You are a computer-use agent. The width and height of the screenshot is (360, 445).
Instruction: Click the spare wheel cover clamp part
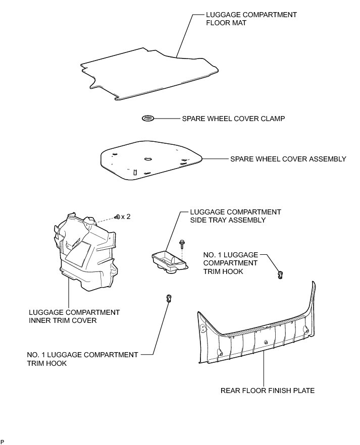pyautogui.click(x=147, y=119)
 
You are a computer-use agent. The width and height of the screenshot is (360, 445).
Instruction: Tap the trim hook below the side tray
pyautogui.click(x=169, y=298)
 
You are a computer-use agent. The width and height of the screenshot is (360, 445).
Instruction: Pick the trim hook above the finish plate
pyautogui.click(x=280, y=274)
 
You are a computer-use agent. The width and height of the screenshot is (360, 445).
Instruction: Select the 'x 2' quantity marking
pyautogui.click(x=126, y=216)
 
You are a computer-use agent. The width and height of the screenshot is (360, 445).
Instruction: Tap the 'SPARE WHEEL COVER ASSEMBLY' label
pyautogui.click(x=288, y=159)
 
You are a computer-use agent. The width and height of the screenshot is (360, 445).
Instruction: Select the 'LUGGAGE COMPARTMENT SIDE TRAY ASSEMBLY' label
pyautogui.click(x=235, y=216)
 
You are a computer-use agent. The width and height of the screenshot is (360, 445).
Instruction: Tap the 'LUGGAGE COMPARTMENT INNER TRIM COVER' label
pyautogui.click(x=74, y=316)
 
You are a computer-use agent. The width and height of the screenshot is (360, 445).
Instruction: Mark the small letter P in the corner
pyautogui.click(x=3, y=442)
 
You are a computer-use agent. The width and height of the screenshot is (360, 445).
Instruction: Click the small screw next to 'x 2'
pyautogui.click(x=117, y=216)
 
